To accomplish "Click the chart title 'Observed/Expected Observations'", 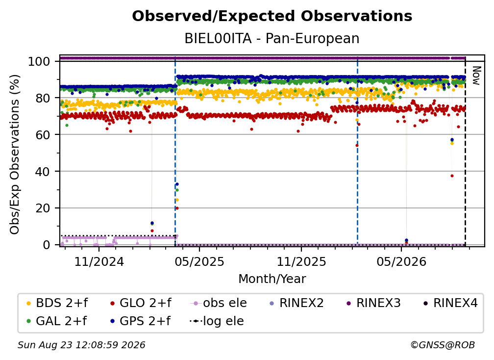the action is tap(272, 16).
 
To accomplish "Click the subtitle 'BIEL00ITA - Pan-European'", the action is tap(272, 39).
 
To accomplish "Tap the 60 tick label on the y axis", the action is tap(43, 134).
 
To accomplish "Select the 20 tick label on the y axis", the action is tap(43, 208).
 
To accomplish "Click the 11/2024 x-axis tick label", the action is tap(99, 261).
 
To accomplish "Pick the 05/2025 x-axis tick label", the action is tap(199, 261).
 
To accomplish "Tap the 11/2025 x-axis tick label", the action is tap(301, 261).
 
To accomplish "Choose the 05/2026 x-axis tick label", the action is tap(401, 261).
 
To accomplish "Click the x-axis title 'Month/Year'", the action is tap(272, 279).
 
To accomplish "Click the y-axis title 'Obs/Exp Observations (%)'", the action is tap(15, 154).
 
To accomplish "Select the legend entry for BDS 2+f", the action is tap(57, 303).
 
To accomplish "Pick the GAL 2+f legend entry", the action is tap(56, 321).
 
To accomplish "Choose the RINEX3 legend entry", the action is tap(373, 303).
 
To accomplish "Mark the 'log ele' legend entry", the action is tap(217, 321).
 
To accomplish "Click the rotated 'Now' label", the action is tap(476, 76).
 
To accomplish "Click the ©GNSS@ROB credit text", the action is tap(443, 345).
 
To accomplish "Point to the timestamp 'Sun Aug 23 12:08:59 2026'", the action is tap(81, 345).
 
